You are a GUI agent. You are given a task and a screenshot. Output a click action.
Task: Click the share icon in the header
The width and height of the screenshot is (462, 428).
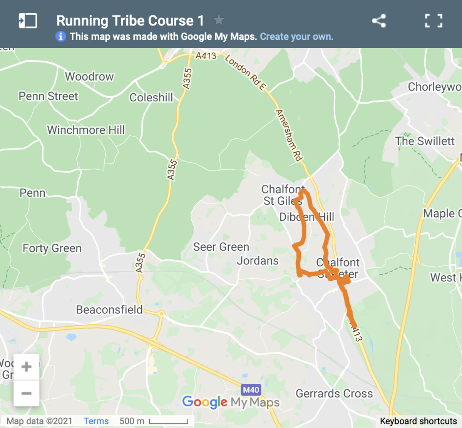click(379, 21)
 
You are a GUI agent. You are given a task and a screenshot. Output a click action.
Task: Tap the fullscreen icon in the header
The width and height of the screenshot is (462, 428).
click(434, 21)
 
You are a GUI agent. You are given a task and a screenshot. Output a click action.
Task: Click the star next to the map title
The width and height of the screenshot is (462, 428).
click(219, 20)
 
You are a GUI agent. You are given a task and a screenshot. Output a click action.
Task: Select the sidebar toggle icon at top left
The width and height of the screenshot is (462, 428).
click(28, 21)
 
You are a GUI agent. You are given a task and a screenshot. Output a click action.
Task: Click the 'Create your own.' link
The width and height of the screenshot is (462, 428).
click(296, 37)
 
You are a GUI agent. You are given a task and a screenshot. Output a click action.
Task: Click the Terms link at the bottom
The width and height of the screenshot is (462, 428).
click(96, 421)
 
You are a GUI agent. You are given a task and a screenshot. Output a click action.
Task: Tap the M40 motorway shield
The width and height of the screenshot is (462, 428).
click(251, 390)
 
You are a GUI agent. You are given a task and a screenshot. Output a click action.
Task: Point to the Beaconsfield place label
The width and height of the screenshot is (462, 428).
click(109, 310)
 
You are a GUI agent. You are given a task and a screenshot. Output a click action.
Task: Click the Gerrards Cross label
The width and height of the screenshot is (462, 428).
click(334, 394)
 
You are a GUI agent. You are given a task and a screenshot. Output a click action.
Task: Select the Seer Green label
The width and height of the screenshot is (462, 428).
click(221, 247)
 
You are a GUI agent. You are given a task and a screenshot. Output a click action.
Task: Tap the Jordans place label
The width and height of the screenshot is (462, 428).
click(258, 261)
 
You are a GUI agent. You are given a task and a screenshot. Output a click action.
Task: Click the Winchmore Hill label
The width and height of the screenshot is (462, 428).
click(86, 130)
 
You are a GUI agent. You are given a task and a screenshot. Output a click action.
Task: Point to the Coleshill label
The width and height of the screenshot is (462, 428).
click(151, 98)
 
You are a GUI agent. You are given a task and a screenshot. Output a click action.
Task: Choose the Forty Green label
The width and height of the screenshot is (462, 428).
click(52, 248)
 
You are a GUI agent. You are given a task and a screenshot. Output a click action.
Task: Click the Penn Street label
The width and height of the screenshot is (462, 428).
click(48, 96)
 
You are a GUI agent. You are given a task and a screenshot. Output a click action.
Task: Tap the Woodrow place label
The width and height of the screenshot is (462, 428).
click(89, 77)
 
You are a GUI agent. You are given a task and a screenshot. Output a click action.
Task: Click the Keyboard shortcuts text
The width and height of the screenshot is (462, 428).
click(418, 421)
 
